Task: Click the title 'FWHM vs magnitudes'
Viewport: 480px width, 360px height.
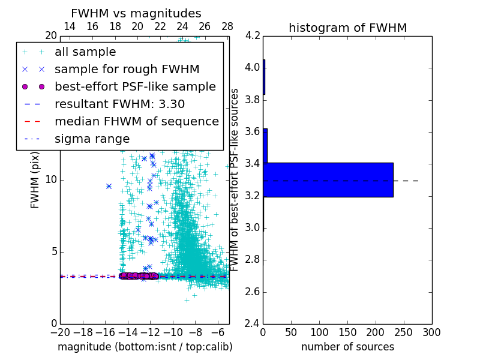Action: pos(136,13)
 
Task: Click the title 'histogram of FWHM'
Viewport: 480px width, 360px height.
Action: pos(347,28)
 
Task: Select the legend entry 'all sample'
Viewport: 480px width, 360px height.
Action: pos(85,52)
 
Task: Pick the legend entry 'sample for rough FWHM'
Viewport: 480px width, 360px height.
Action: pos(127,69)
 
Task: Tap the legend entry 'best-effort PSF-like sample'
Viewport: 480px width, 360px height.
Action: pos(135,86)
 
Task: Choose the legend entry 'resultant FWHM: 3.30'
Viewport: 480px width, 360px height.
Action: pos(119,104)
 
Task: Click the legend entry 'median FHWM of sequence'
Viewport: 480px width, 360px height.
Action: pos(136,121)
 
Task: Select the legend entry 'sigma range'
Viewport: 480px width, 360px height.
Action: pos(92,139)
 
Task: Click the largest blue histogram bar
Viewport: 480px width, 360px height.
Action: pos(328,179)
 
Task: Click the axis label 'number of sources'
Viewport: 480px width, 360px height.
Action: pos(347,347)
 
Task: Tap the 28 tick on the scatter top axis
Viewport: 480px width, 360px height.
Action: pos(227,26)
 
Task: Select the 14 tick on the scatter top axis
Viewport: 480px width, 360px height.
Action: pos(70,26)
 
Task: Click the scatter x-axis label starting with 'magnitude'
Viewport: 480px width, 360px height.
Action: pos(145,347)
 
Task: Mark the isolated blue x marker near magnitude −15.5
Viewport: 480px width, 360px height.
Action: pos(109,186)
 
